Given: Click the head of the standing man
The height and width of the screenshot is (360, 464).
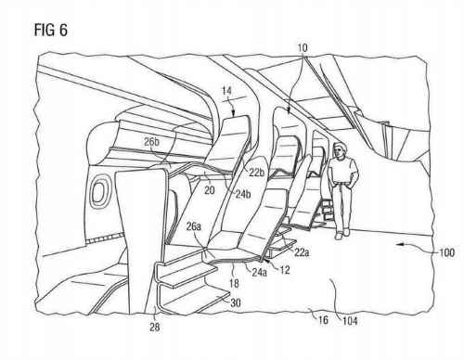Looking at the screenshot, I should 336,148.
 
